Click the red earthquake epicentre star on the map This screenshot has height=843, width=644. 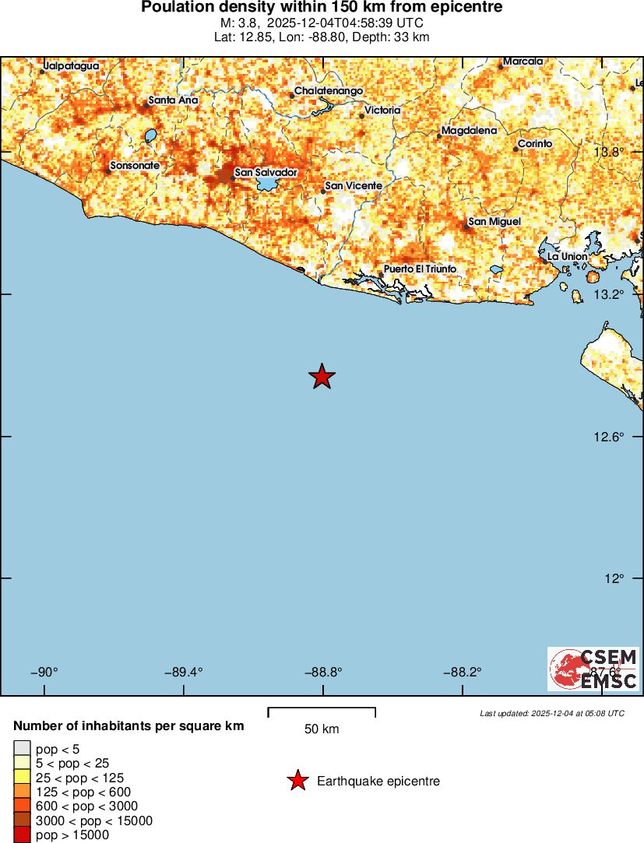coord(322,377)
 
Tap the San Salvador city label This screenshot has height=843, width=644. coord(266,172)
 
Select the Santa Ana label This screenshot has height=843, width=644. coord(173,100)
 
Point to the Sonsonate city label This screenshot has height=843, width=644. coord(135,166)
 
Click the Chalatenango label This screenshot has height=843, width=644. coord(329,91)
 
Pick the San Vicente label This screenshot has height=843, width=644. coord(354,185)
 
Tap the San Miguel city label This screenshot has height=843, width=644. coord(494,222)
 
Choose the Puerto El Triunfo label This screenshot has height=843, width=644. coord(420,269)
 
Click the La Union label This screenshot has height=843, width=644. coord(568,256)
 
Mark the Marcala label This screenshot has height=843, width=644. coord(523,61)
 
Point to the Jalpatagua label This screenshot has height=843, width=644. coord(71,66)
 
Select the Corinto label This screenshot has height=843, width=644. coord(535,144)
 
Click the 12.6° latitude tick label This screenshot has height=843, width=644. coord(607,437)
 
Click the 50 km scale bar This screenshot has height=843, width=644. coord(322,711)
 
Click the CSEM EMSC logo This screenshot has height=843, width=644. coord(593,669)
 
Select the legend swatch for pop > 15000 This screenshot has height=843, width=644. coord(22,835)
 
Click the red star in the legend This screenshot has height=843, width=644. coord(297,781)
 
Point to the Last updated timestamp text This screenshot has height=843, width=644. coord(551,713)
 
